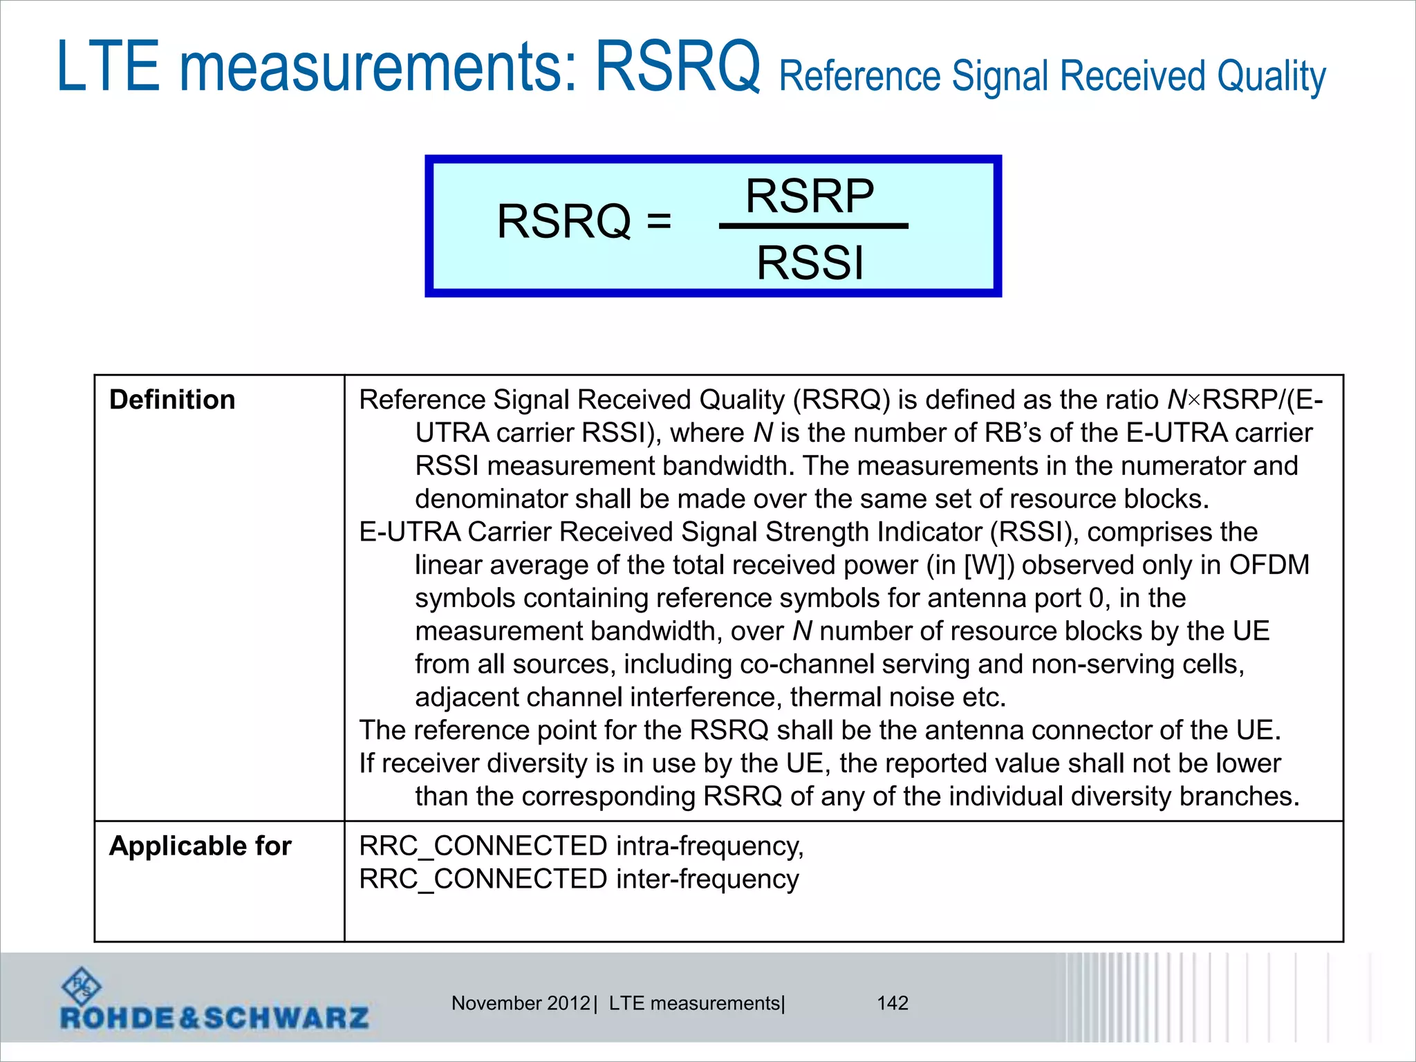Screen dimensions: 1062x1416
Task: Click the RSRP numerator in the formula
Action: (x=810, y=196)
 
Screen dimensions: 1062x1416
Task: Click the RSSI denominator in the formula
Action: (x=810, y=263)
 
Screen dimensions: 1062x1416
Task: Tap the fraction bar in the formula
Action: (x=813, y=226)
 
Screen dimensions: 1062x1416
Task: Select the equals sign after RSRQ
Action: (x=659, y=222)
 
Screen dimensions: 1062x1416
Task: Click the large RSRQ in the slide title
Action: (x=678, y=66)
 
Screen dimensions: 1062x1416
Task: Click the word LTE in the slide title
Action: (x=109, y=66)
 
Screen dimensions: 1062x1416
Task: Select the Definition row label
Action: (x=172, y=400)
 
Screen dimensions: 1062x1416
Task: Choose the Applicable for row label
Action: (x=200, y=846)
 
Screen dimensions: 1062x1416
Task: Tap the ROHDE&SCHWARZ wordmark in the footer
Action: (x=214, y=1018)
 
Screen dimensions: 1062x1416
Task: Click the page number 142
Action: (x=892, y=1003)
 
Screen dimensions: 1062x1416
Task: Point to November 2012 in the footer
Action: (x=521, y=1003)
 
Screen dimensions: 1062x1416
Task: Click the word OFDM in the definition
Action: (x=1269, y=565)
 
